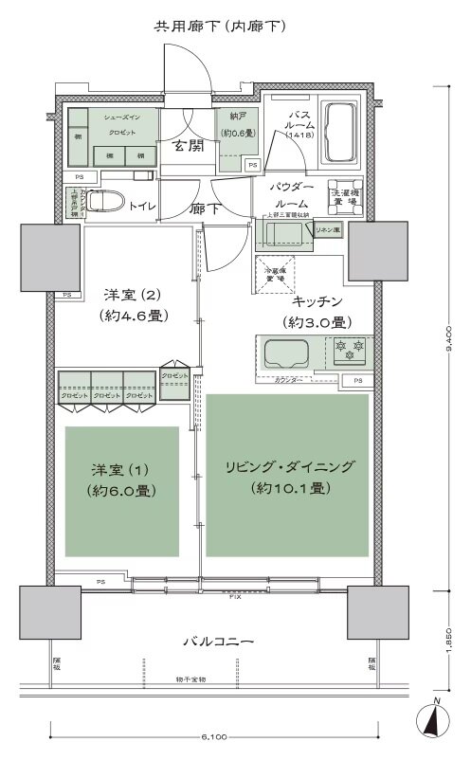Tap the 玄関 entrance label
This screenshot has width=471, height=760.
point(189,145)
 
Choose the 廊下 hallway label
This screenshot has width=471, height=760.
point(205,209)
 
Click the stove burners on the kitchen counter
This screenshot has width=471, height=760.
point(349,353)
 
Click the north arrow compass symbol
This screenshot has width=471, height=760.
point(434,721)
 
